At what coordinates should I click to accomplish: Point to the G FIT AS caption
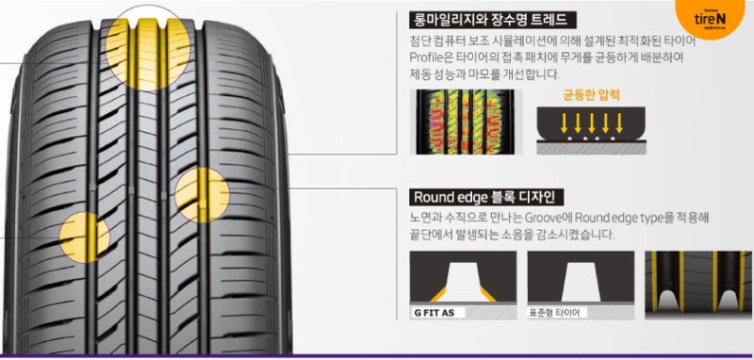click(436, 311)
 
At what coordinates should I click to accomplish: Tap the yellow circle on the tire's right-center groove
click(202, 194)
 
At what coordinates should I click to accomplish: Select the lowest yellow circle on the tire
click(84, 236)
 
